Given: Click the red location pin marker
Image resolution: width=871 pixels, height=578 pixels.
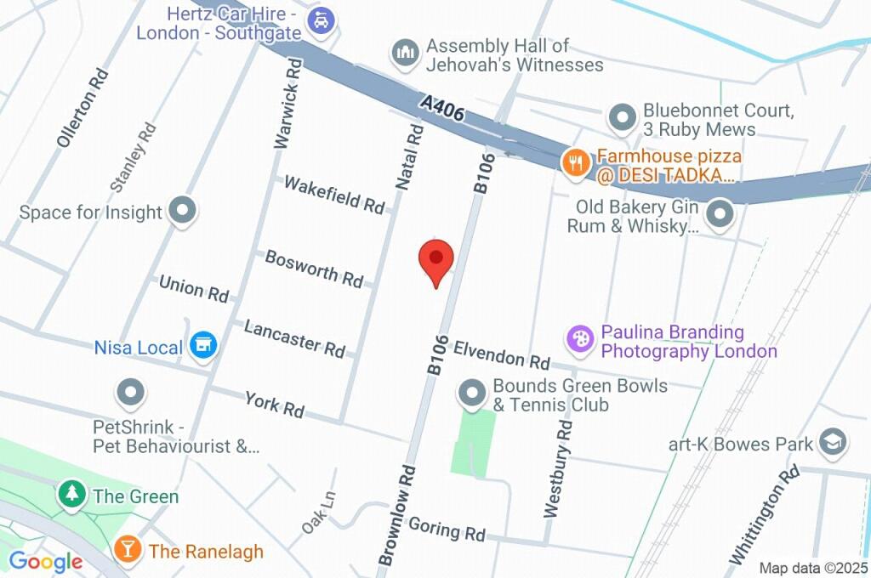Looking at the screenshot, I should tap(436, 258).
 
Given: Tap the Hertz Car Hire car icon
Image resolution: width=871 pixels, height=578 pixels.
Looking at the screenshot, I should tap(321, 20).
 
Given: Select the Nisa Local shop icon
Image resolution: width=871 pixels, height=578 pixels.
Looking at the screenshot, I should tap(203, 345).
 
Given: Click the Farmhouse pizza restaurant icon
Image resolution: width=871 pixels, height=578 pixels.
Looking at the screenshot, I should tap(576, 162).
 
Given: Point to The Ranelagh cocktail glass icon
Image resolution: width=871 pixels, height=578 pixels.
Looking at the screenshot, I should tap(128, 550).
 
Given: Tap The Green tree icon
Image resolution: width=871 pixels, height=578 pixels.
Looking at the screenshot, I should tap(71, 495).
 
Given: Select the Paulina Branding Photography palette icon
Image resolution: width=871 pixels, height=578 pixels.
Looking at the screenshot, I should tap(581, 339).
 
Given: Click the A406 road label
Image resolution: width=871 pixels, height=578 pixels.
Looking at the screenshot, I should tap(443, 108).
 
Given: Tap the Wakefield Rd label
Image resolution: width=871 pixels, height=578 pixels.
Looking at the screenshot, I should tap(334, 194).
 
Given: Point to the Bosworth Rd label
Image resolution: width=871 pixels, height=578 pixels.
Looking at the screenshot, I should tap(314, 268).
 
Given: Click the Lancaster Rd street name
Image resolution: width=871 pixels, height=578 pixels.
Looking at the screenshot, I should tap(294, 337).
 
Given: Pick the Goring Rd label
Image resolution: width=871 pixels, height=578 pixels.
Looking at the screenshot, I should tap(447, 530).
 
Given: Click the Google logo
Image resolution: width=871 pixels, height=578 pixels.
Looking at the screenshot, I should tap(45, 561).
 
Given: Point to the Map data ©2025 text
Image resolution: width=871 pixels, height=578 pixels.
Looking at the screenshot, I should tap(813, 568).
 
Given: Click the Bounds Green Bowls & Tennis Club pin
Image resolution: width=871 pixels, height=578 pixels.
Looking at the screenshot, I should tap(471, 393).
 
